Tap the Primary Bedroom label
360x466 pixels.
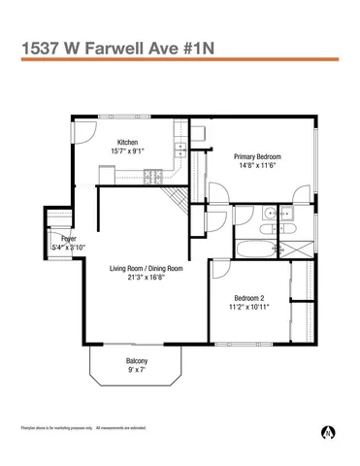pyautogui.click(x=257, y=156)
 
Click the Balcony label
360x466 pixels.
pyautogui.click(x=136, y=360)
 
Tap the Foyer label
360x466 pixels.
pyautogui.click(x=68, y=239)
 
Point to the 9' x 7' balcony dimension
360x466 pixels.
pyautogui.click(x=136, y=370)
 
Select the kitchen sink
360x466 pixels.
pyautogui.click(x=180, y=149)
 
